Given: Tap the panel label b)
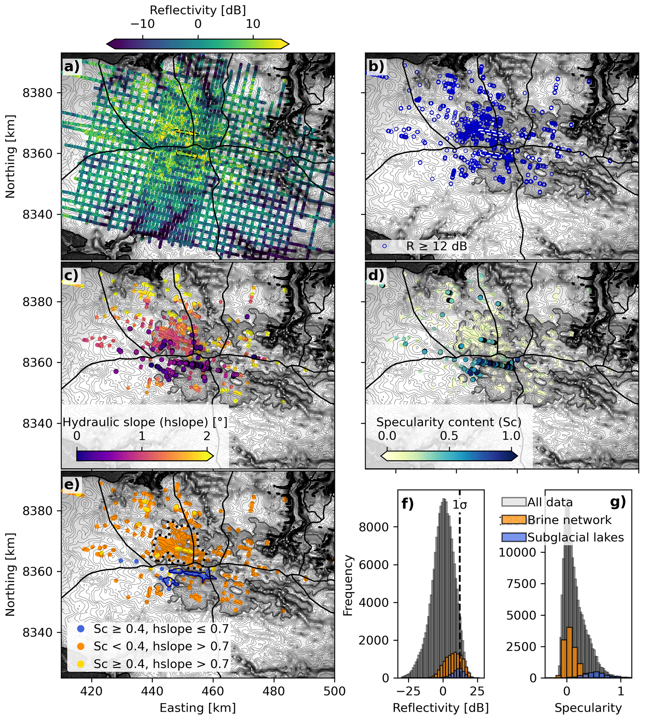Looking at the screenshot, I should click(x=376, y=66).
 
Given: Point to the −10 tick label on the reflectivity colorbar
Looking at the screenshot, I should click(x=143, y=24).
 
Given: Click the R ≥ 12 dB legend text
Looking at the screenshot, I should click(x=436, y=246).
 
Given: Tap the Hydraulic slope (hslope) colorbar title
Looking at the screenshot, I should click(x=145, y=422).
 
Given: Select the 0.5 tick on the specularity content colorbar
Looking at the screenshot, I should click(x=449, y=436).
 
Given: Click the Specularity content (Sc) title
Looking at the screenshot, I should click(x=449, y=422).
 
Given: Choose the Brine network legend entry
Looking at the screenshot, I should click(x=569, y=520).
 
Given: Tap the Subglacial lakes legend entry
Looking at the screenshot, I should click(x=575, y=537).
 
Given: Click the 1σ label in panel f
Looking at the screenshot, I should click(x=460, y=504).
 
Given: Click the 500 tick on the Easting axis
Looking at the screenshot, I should click(x=334, y=691).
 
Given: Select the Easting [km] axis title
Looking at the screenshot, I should click(x=198, y=708).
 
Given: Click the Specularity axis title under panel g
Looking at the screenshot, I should click(x=588, y=708).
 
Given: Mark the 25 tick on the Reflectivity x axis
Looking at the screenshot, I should click(x=477, y=691).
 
